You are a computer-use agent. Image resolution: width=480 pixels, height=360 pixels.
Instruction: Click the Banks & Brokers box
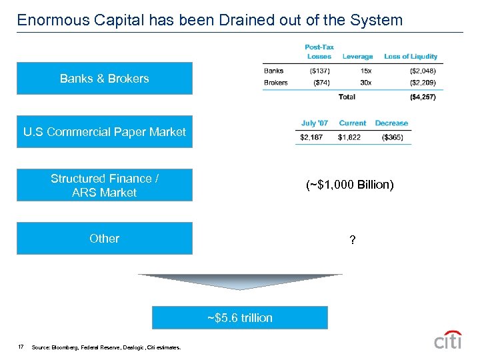104,79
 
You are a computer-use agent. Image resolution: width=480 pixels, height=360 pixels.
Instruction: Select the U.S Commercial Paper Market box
104,132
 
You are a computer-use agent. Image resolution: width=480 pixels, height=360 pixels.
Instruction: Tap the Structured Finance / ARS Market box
104,185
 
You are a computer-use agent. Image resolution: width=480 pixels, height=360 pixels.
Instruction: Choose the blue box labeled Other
104,239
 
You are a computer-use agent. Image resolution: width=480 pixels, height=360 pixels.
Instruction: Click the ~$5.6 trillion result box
240,318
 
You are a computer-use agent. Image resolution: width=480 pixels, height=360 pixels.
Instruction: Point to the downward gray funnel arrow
240,281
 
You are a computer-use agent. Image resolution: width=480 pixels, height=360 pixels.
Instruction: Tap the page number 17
21,347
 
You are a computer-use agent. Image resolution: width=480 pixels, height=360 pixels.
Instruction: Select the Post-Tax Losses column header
319,52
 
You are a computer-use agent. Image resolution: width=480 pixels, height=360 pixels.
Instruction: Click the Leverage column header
358,57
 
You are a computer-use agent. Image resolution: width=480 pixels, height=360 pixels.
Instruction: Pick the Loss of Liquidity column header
411,57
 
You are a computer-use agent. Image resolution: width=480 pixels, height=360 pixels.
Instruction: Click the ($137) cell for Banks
319,71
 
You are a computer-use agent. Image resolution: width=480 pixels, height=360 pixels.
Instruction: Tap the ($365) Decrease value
392,137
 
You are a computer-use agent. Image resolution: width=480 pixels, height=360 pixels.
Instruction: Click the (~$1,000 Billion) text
350,185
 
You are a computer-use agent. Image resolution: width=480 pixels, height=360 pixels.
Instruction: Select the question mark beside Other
353,240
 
